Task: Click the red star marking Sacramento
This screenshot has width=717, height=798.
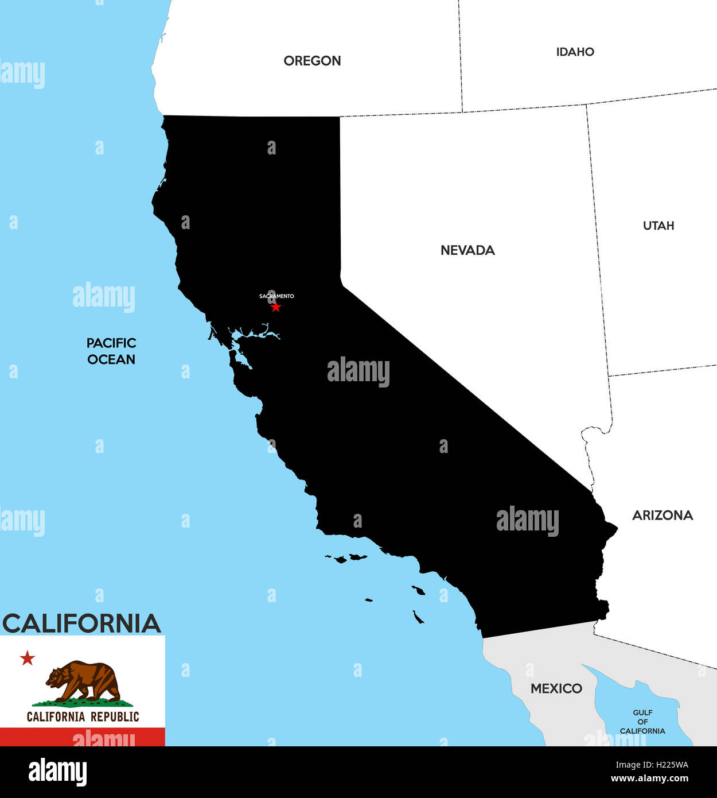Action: [276, 307]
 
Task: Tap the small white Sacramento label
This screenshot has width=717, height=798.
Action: [276, 296]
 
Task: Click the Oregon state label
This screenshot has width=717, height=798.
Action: [312, 61]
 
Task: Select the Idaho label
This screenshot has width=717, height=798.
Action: [575, 52]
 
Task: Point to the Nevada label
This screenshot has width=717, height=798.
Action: [467, 250]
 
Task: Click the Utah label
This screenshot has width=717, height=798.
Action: [658, 226]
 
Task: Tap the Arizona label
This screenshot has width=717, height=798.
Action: [663, 516]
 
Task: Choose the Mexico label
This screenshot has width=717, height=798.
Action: [556, 688]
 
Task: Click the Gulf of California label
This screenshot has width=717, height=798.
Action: [642, 722]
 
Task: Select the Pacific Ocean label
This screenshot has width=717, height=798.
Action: [111, 351]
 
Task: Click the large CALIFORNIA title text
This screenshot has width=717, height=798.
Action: [81, 623]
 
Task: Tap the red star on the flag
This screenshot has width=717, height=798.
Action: [27, 658]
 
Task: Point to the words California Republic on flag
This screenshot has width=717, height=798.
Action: [83, 716]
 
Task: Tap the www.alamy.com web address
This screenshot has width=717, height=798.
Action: [649, 779]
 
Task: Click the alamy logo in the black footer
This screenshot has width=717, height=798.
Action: [57, 772]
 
